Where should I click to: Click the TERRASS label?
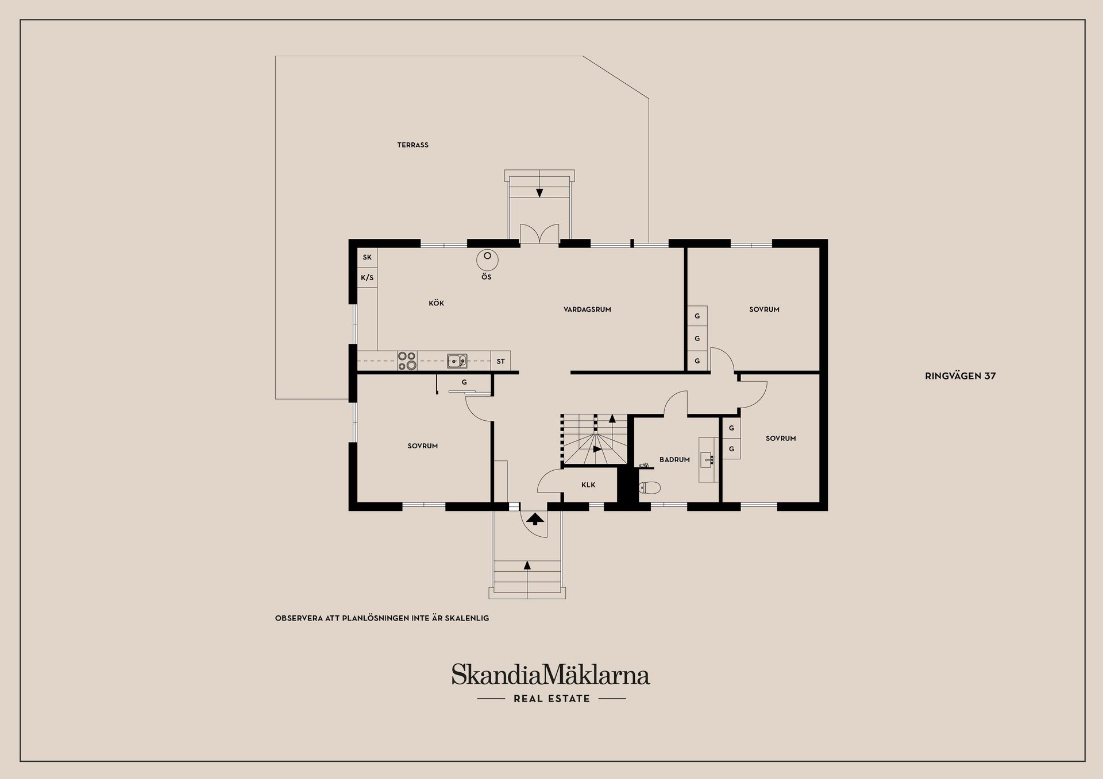coord(412,145)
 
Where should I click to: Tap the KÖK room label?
coord(436,303)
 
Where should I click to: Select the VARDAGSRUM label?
coord(587,309)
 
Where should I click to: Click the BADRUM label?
coord(674,460)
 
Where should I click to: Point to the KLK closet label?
coord(588,485)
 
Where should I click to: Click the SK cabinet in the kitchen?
coord(367,257)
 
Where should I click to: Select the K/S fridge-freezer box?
coord(367,278)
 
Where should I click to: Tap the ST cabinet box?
coord(500,361)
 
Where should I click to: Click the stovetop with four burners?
coord(407,361)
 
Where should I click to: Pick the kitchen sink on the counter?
coord(457,361)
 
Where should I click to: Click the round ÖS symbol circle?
coord(487,260)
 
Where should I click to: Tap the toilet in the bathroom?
coord(650,488)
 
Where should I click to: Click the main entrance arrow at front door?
coord(535,520)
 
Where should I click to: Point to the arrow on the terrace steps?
coord(539,192)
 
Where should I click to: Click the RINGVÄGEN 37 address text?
coord(960,376)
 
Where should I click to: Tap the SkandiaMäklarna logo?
coord(550,675)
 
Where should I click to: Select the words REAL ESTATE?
coord(551,699)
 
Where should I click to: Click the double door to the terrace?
coord(539,234)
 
